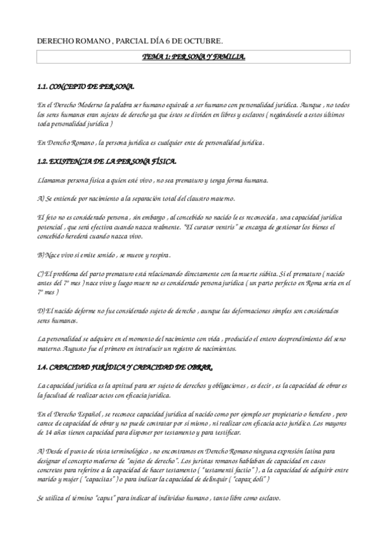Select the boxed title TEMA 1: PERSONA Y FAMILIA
click(x=193, y=58)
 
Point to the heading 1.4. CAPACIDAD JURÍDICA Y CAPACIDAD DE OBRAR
click(x=125, y=367)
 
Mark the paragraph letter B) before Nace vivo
click(x=41, y=255)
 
